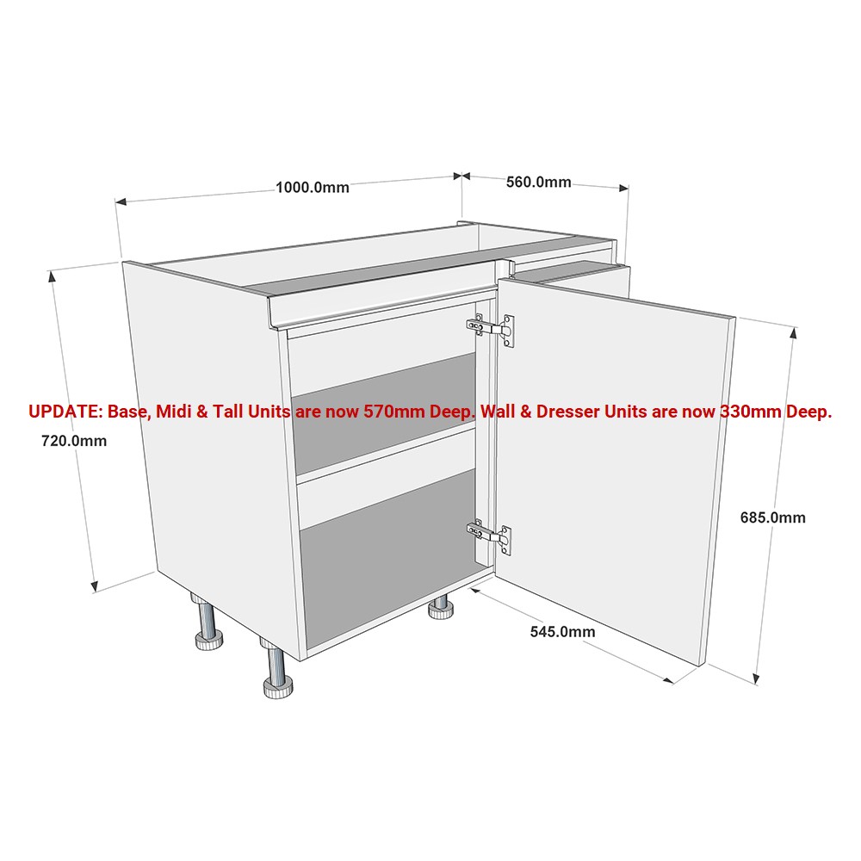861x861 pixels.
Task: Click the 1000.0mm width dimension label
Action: click(312, 188)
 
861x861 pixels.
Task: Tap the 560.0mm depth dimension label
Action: click(539, 183)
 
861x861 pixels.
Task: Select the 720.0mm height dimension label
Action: click(74, 441)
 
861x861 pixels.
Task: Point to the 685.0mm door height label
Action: click(772, 517)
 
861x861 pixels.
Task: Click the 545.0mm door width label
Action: click(562, 632)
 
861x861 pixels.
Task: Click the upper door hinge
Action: click(491, 329)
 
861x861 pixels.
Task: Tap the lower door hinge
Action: click(489, 536)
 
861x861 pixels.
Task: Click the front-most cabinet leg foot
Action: click(278, 687)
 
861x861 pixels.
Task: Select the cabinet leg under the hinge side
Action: click(440, 606)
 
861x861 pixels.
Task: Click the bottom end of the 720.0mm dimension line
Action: click(95, 592)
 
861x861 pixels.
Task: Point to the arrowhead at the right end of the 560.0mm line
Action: click(623, 188)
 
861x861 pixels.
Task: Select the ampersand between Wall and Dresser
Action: click(525, 412)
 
